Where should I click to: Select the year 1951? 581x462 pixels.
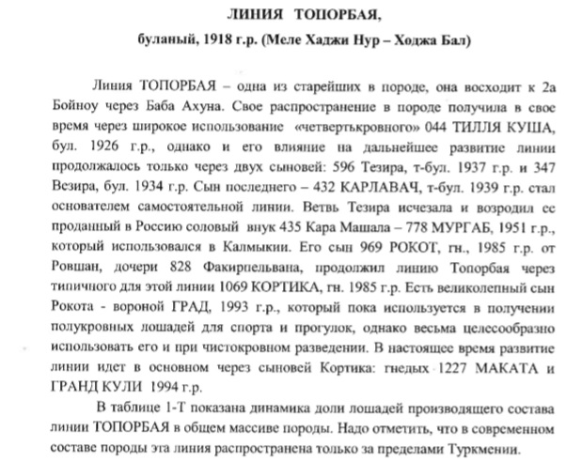[x=502, y=234]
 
